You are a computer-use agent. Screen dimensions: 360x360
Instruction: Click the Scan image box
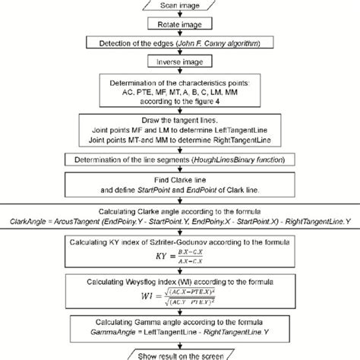[180, 6]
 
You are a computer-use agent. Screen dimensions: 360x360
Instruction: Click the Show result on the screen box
[180, 355]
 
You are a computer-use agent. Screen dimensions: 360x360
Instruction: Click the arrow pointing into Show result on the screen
[180, 347]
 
